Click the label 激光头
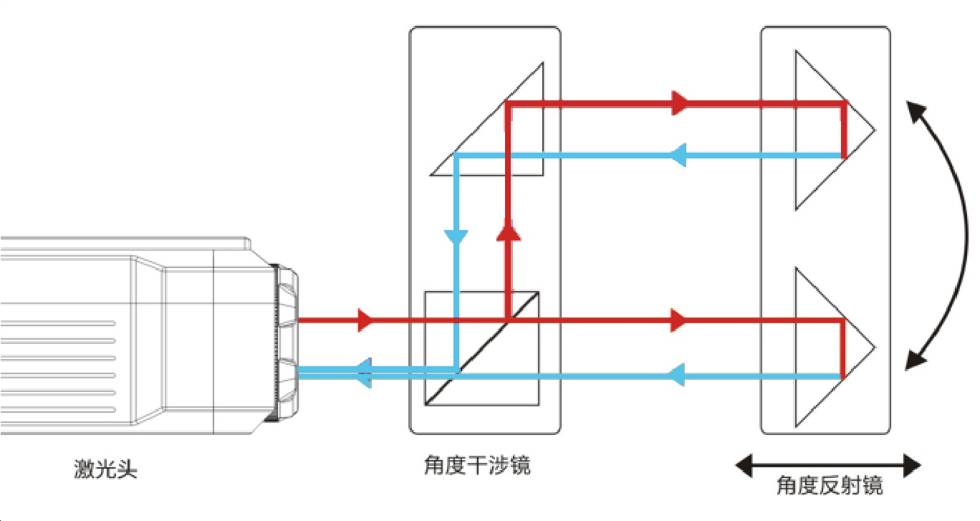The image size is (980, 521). point(105,470)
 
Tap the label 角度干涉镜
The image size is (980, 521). point(477,467)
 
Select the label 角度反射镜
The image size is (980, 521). point(830,487)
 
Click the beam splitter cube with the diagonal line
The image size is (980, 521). point(481,348)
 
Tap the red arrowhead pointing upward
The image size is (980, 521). point(508,234)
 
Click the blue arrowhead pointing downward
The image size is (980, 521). point(456,236)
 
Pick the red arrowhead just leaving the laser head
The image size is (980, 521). point(365,320)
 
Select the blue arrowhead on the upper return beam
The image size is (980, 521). point(677,155)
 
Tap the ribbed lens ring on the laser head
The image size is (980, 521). point(287,344)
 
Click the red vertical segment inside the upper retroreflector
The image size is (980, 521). point(845,130)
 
